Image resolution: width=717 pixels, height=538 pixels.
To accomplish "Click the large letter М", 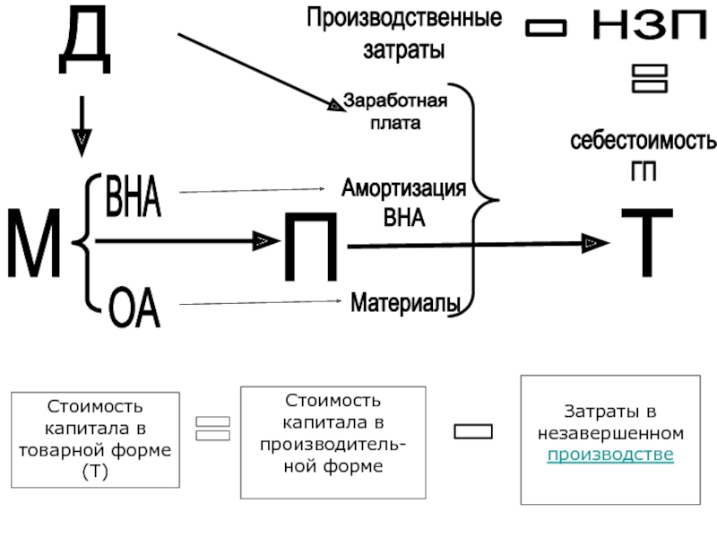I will coord(34,244).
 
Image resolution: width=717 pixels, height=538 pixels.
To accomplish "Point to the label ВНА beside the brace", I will coord(133,196).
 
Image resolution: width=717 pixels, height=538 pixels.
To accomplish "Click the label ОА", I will coord(134,308).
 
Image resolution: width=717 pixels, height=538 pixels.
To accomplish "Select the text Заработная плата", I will coord(395,111).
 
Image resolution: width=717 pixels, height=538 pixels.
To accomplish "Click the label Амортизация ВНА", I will coord(403,203).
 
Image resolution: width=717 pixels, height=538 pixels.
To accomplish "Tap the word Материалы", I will coord(405,303).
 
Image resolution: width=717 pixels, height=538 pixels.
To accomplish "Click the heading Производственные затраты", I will coord(404,33).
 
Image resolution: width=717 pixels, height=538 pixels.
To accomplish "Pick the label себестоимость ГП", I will coord(643,155).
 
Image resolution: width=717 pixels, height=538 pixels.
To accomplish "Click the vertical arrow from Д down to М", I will coord(82,126).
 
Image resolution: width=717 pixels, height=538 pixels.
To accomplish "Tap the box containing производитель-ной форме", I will coord(333,443).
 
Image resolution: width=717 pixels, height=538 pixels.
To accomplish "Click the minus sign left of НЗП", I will coord(546,30).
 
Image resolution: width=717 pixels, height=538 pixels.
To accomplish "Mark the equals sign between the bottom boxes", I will coord(212,429).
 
